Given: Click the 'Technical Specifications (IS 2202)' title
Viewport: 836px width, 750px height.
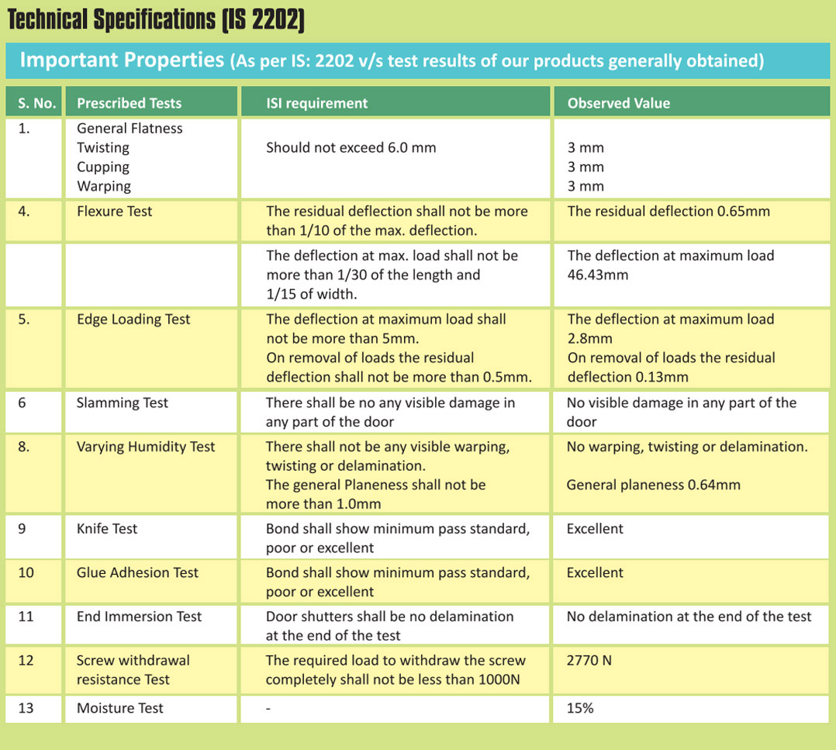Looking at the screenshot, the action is (156, 19).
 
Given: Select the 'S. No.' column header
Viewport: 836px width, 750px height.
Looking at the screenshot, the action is (36, 103).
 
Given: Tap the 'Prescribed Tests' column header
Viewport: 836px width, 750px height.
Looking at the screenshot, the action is (129, 103).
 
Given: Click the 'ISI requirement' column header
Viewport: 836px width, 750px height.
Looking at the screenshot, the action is (316, 103).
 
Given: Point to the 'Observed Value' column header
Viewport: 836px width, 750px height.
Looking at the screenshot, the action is (619, 103).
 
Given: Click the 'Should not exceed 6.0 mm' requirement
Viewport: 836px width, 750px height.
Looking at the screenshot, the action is (351, 147).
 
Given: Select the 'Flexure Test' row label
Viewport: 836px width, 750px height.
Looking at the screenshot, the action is (114, 211).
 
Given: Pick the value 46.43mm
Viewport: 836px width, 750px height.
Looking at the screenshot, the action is (598, 275).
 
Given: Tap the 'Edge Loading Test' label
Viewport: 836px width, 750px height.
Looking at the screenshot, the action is (133, 320).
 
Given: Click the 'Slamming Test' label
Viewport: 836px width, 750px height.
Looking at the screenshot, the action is (122, 403).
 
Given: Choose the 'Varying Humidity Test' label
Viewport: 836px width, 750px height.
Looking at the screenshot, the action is (146, 447).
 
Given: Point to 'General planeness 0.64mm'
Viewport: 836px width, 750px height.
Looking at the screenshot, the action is (653, 485).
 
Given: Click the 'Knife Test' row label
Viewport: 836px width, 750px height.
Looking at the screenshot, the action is (107, 529).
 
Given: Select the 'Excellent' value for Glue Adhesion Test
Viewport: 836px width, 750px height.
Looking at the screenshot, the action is (595, 572).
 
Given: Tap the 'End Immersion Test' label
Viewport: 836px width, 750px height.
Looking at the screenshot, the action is (139, 616).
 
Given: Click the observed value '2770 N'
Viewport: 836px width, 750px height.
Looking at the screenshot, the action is (589, 661).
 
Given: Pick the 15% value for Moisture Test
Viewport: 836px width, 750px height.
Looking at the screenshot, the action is (580, 708).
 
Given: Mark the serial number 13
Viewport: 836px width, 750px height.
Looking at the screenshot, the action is (26, 708).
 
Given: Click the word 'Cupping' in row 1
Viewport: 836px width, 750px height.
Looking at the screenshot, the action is (103, 168).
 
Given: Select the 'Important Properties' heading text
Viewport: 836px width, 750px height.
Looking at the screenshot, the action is (122, 60).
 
